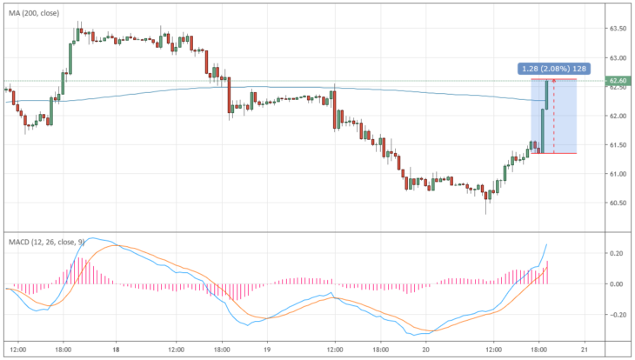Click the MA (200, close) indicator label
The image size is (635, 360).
click(34, 13)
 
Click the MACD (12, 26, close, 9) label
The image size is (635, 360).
click(47, 242)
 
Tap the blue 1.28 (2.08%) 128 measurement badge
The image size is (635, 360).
click(554, 69)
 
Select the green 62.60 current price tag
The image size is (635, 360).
click(618, 81)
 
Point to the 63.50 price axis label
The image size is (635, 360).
click(618, 29)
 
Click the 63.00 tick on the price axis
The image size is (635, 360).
click(618, 58)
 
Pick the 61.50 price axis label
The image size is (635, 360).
click(618, 145)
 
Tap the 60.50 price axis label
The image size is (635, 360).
click(618, 203)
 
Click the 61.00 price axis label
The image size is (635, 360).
click(618, 174)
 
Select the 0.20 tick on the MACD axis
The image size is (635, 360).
click(617, 254)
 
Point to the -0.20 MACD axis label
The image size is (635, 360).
click(615, 315)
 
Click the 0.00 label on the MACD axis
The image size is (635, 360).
click(617, 284)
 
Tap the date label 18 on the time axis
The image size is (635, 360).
click(116, 350)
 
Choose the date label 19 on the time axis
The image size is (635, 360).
click(267, 350)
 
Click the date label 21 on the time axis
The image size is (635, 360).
click(585, 350)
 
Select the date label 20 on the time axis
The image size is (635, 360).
click(425, 350)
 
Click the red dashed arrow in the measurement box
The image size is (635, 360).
click(553, 117)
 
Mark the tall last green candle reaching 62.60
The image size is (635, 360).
click(547, 95)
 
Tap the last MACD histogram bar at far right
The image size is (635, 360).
click(547, 272)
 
